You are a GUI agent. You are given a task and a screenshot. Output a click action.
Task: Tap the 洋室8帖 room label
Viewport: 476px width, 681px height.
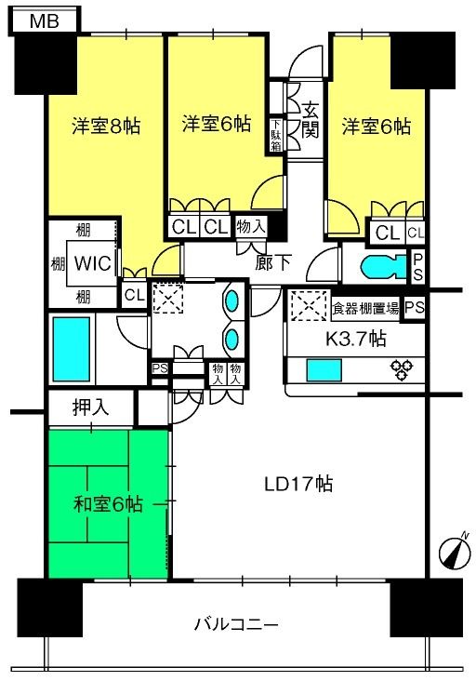coord(106,127)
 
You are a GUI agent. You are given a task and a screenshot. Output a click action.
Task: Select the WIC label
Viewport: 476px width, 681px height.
coord(94,263)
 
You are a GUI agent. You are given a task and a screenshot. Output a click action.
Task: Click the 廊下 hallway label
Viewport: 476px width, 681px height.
coord(276,263)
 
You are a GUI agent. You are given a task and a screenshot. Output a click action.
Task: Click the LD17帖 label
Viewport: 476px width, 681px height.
coord(298,484)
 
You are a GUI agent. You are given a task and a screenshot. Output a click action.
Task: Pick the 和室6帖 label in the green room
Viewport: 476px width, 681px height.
coord(108,504)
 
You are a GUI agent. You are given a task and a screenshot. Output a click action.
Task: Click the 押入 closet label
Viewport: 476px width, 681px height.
coord(90,407)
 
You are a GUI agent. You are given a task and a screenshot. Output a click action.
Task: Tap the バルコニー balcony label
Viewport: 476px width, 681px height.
coord(236,623)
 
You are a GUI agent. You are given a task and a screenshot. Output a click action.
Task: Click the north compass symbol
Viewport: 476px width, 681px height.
coord(455,552)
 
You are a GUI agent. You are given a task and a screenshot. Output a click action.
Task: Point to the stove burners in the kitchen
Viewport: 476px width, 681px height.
coord(403,370)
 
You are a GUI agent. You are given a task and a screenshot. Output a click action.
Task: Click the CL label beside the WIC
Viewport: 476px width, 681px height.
coord(134,296)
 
